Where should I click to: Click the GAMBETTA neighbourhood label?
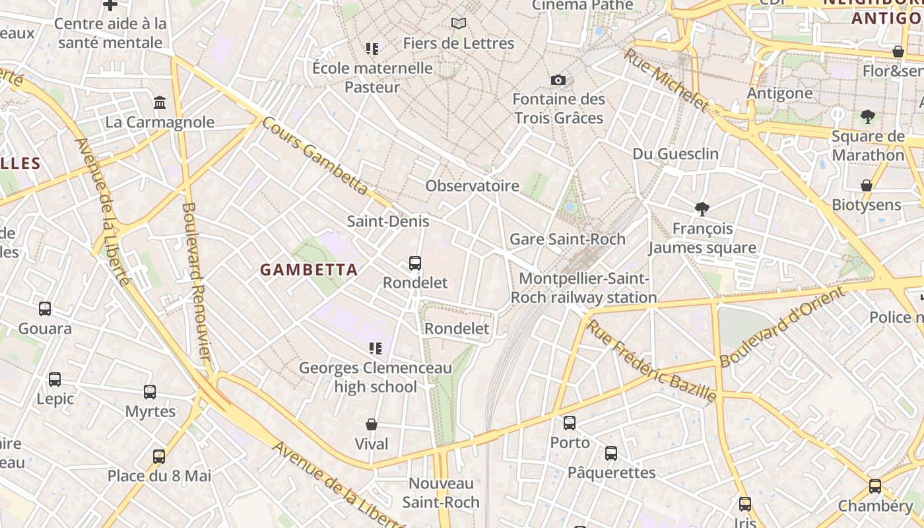point(309,269)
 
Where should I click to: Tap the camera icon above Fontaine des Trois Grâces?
point(558,80)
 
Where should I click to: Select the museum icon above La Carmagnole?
point(160,102)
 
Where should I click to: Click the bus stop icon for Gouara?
point(45,308)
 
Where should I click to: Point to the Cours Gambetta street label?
point(315,156)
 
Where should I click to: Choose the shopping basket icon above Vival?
point(372,424)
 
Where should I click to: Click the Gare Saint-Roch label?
point(568,239)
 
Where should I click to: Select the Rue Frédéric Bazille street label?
point(651,361)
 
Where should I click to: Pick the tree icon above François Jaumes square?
point(702,209)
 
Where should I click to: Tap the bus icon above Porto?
point(570,422)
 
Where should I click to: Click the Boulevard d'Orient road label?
point(782,327)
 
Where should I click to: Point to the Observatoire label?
point(472,185)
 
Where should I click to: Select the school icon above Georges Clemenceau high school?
point(376,348)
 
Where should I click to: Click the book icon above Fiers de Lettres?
point(459,23)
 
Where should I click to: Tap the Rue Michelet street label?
point(666,79)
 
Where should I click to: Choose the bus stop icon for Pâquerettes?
point(611,453)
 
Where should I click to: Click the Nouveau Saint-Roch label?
point(441,492)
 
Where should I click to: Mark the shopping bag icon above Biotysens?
point(867,185)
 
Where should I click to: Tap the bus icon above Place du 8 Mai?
point(159,456)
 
